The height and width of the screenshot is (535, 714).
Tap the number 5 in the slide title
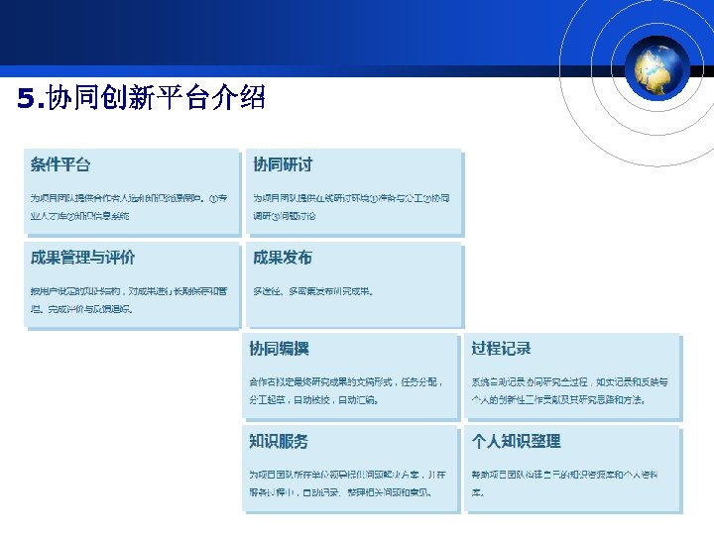pyautogui.click(x=25, y=98)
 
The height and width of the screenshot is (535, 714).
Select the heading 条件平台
pyautogui.click(x=60, y=164)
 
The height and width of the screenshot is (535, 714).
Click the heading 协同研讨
pyautogui.click(x=283, y=164)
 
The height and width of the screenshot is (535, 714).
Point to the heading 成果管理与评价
pyautogui.click(x=83, y=258)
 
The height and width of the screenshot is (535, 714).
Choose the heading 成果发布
pyautogui.click(x=283, y=258)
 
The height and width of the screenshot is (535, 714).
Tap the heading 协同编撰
pyautogui.click(x=279, y=349)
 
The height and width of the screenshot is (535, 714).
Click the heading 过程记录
pyautogui.click(x=501, y=349)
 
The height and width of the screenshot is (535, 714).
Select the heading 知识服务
pyautogui.click(x=279, y=441)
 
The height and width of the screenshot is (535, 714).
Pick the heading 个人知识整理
pyautogui.click(x=516, y=441)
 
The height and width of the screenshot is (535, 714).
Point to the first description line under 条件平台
pyautogui.click(x=129, y=198)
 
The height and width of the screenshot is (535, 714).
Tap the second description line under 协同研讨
pyautogui.click(x=285, y=215)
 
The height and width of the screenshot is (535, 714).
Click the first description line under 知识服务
pyautogui.click(x=347, y=475)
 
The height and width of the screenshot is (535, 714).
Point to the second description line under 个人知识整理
pyautogui.click(x=478, y=491)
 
